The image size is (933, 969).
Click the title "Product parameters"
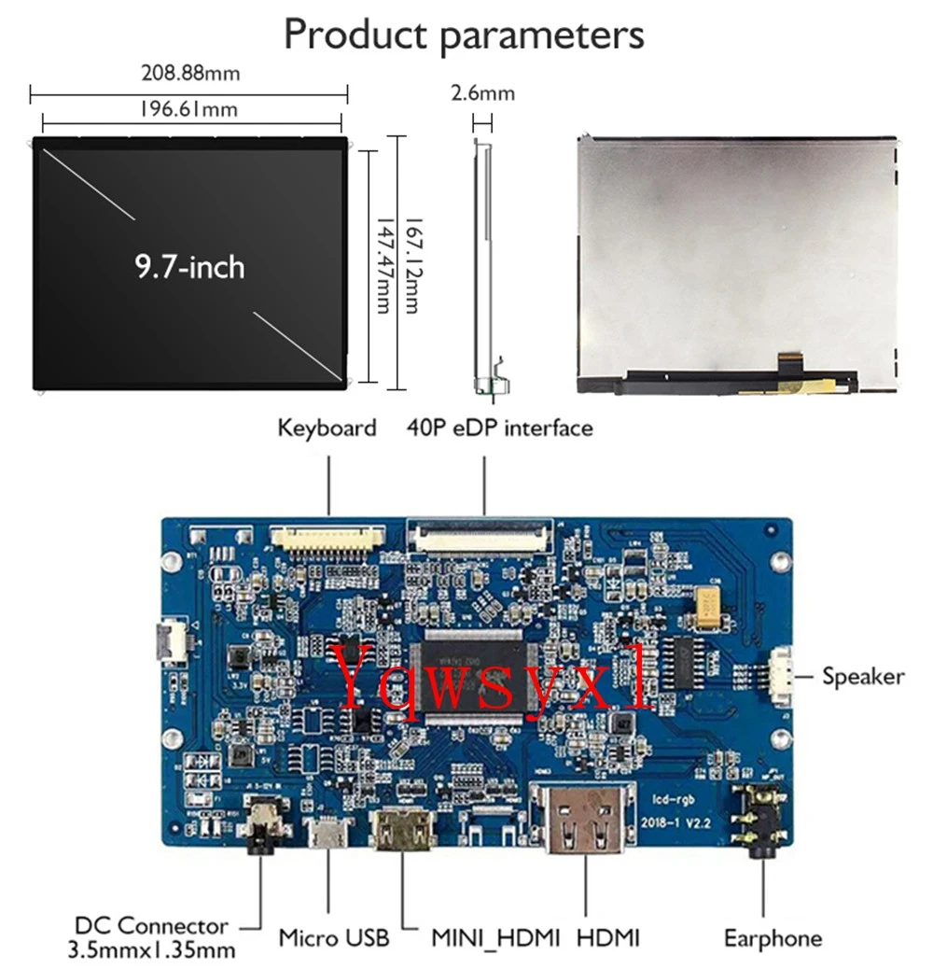(x=464, y=35)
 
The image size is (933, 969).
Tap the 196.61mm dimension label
(x=188, y=109)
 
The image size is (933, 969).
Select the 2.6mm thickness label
(x=482, y=93)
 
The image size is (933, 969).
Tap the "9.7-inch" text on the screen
(x=189, y=267)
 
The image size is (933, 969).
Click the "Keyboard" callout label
(x=327, y=428)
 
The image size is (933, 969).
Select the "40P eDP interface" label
(x=499, y=428)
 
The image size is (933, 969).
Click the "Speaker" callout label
(x=863, y=676)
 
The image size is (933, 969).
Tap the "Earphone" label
(x=773, y=938)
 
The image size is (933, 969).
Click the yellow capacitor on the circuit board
(x=716, y=599)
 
